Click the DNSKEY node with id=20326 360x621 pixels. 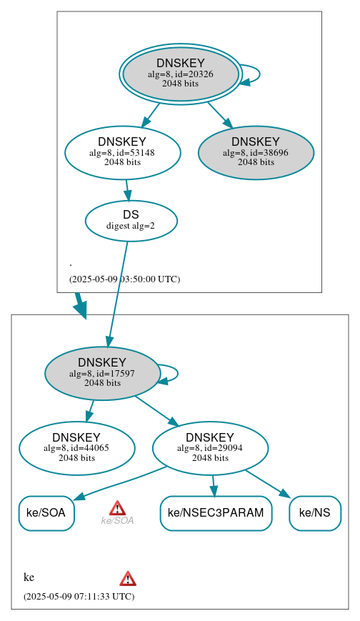tap(181, 74)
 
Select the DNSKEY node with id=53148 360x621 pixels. tap(122, 151)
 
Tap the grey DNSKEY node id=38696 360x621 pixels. tap(256, 151)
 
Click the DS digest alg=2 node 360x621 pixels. tap(131, 219)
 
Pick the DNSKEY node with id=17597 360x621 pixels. tap(102, 372)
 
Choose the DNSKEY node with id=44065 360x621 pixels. tap(76, 447)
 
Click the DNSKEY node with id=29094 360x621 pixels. tap(210, 447)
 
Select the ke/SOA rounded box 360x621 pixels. tap(46, 512)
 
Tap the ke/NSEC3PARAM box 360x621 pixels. tap(216, 512)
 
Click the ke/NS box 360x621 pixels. tap(314, 512)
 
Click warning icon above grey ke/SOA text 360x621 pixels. tap(117, 507)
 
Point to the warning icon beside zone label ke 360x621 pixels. tap(128, 578)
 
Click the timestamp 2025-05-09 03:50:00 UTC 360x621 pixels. tap(124, 279)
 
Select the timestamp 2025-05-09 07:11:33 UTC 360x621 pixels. tap(79, 595)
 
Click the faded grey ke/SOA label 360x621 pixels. tap(117, 520)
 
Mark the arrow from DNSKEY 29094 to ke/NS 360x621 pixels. tap(266, 482)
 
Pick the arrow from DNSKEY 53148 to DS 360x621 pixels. tap(128, 189)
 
